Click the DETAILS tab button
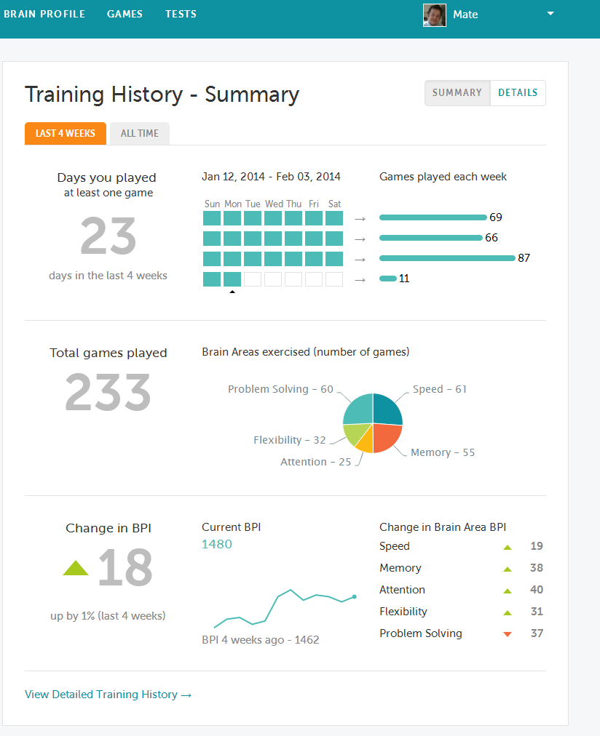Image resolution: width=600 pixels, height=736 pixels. (518, 93)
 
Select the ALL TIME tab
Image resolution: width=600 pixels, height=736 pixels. (140, 133)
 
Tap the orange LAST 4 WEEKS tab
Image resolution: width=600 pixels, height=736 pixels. (66, 133)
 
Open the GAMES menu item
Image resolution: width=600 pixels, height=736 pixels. (125, 14)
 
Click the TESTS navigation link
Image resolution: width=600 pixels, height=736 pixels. (181, 14)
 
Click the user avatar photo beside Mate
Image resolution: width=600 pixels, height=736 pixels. (435, 15)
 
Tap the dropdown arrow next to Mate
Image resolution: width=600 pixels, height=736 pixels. (550, 14)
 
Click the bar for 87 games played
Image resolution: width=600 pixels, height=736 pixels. (447, 258)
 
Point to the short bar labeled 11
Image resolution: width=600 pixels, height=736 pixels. (388, 279)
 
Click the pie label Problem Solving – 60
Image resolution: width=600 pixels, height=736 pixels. (280, 389)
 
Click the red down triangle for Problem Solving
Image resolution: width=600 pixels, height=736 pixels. (508, 634)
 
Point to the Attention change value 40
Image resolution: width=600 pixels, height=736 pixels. (537, 590)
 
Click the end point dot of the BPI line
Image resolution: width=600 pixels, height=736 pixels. (355, 597)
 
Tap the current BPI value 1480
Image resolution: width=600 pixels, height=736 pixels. (217, 544)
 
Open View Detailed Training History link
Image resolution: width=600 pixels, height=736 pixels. (108, 695)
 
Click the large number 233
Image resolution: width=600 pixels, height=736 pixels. (108, 393)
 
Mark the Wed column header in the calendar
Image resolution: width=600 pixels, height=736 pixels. (274, 204)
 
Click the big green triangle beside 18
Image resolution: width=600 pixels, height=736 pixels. (76, 568)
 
